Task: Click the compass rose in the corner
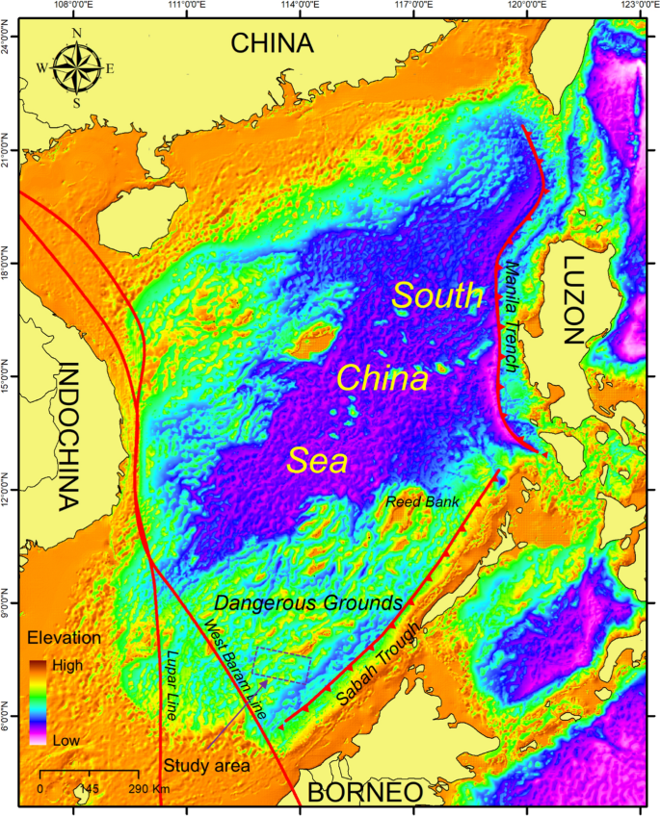tap(76, 66)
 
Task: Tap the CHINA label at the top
tap(274, 43)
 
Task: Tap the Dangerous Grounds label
tap(307, 602)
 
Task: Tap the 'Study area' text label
tap(206, 766)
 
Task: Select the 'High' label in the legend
tap(68, 664)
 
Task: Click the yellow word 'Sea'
tap(318, 462)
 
